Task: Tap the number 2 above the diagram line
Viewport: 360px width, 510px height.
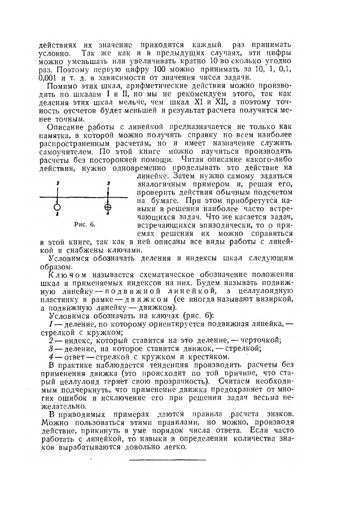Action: point(58,183)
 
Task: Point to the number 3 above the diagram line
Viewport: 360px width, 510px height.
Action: point(108,183)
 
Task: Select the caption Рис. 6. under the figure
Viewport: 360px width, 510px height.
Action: point(85,224)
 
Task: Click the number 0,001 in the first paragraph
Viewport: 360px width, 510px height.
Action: point(49,77)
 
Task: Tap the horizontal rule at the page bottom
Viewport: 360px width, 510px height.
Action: point(167,460)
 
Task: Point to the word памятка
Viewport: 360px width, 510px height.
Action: point(55,135)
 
